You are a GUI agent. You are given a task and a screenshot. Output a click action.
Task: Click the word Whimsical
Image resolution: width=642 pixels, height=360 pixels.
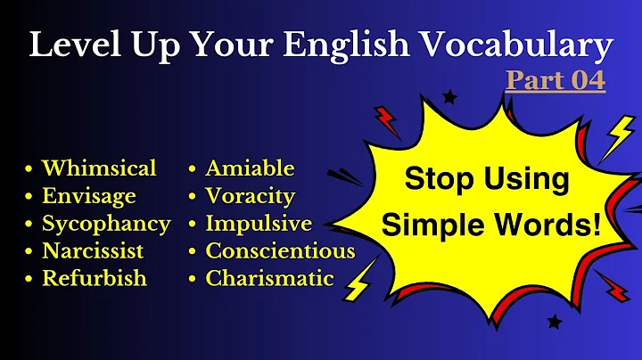[x=99, y=168]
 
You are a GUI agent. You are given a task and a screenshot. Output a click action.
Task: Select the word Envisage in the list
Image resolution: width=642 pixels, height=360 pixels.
[x=89, y=196]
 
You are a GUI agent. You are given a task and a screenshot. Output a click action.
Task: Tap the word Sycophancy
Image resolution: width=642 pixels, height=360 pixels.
[x=106, y=224]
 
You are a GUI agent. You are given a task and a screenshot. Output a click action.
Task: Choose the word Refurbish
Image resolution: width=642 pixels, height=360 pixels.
[x=94, y=278]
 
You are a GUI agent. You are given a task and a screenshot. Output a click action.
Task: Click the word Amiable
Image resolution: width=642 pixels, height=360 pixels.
[x=250, y=168]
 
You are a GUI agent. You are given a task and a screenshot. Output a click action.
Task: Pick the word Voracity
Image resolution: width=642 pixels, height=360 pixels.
[x=250, y=196]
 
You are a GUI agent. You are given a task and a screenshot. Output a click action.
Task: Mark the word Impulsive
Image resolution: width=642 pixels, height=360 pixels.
[x=259, y=224]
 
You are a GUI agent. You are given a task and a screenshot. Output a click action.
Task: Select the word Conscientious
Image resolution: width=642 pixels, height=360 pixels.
[x=280, y=250]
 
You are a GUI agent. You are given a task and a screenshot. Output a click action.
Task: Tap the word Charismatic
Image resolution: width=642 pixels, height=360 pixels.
[x=269, y=278]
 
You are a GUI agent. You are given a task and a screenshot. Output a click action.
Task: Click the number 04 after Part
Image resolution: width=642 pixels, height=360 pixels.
[x=587, y=80]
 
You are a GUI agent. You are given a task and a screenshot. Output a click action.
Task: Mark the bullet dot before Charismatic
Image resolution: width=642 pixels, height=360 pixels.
[x=194, y=279]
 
